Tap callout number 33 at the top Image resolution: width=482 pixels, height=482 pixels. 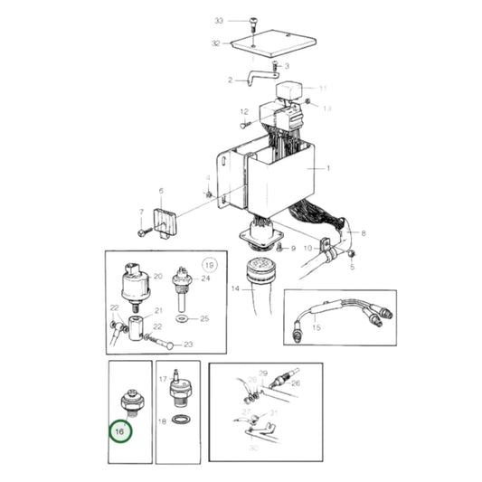coord(218,20)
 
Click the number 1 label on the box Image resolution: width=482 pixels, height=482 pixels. coord(329,169)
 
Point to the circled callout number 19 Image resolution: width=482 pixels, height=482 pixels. coord(210,265)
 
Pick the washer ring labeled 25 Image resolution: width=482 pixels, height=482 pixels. coord(182,319)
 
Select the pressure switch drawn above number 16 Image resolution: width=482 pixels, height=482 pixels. coord(129,400)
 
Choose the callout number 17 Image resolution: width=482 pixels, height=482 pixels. coord(164,380)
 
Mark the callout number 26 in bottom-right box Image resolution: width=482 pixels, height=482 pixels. coord(295,383)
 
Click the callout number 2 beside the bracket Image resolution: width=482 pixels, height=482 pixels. coord(231,80)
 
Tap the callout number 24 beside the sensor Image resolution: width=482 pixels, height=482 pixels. coord(206,279)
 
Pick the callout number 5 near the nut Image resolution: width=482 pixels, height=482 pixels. coord(352,268)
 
